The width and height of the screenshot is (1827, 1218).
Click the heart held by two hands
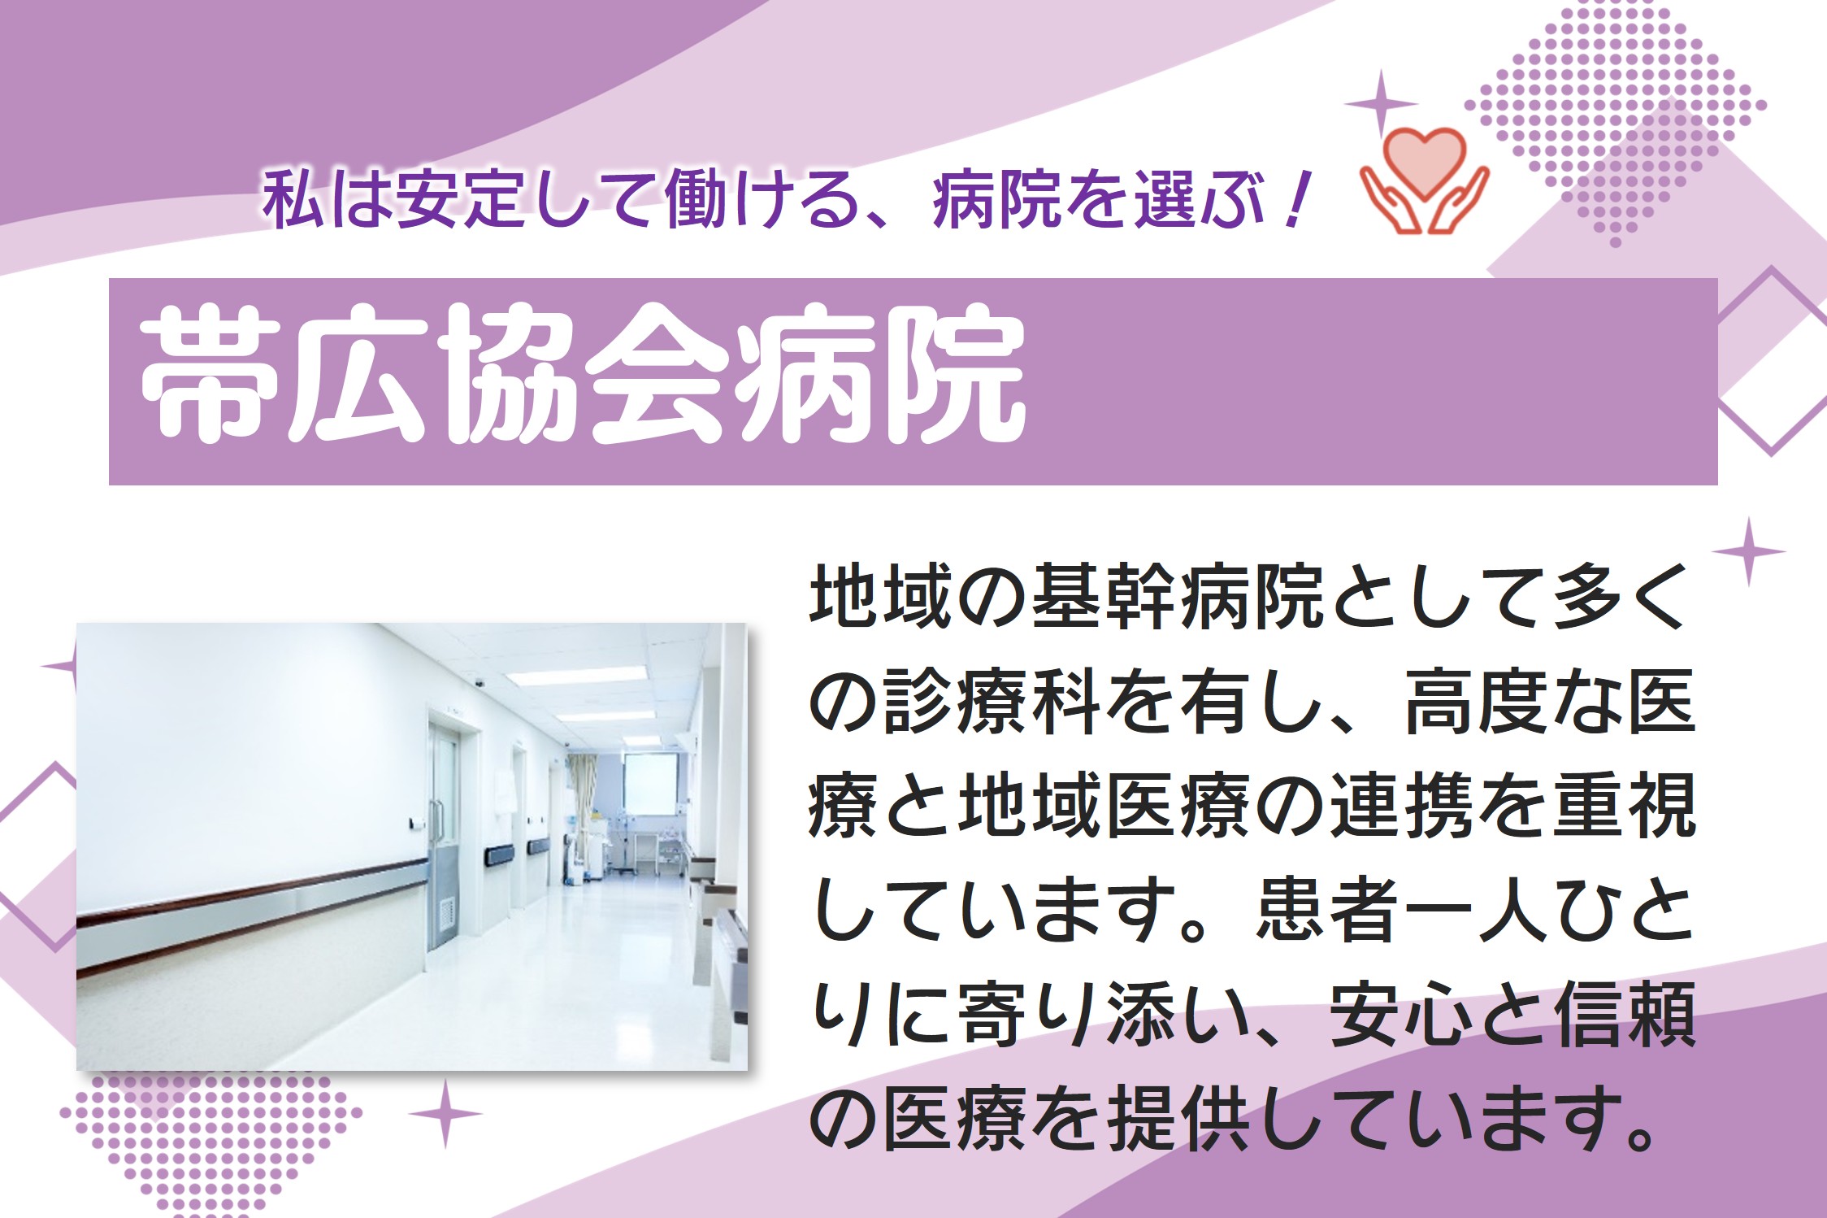(x=1424, y=162)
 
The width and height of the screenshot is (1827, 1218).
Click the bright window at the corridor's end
(x=650, y=784)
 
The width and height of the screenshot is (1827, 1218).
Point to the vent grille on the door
(x=446, y=912)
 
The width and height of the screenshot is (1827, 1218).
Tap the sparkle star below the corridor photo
(x=445, y=1113)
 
